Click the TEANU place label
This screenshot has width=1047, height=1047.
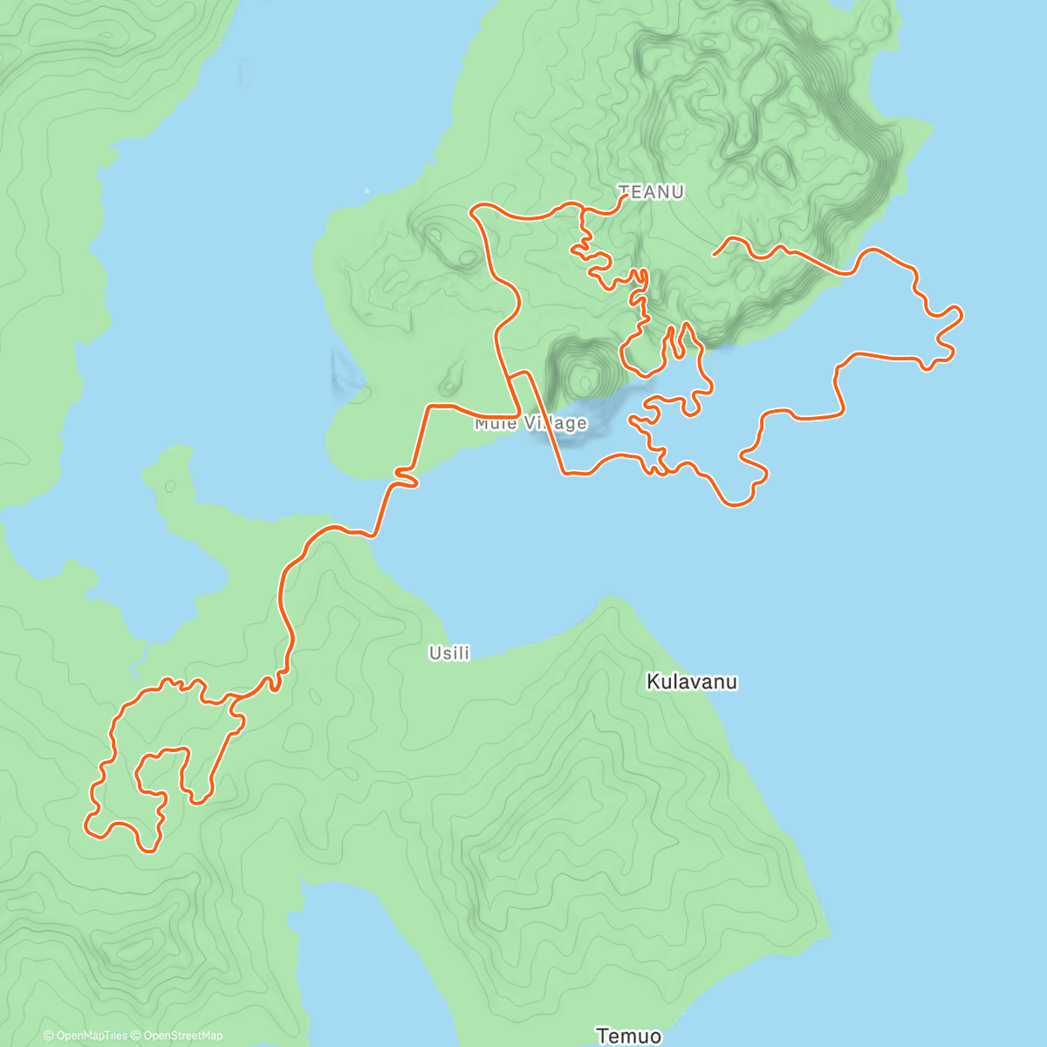pos(651,192)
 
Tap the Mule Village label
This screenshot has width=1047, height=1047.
pos(530,424)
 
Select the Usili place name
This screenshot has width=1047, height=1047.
pos(449,653)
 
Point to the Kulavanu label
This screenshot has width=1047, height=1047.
pos(691,681)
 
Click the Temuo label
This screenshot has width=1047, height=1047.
pos(628,1036)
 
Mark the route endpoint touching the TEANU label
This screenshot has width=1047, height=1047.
pos(626,196)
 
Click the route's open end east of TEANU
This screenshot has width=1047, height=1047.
pos(715,254)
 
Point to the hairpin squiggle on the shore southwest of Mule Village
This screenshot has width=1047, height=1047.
pos(406,476)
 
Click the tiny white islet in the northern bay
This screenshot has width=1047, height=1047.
pos(366,190)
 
